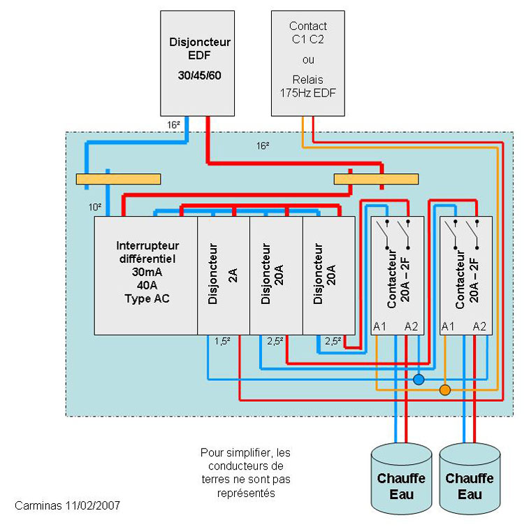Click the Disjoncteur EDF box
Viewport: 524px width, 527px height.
point(197,64)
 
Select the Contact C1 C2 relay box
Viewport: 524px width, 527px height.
point(307,64)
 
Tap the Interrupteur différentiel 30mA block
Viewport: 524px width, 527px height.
point(146,275)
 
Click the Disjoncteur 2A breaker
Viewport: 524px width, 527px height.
point(224,275)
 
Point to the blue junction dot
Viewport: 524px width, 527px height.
point(419,380)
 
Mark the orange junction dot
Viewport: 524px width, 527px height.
point(445,390)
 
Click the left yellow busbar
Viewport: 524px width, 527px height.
point(118,179)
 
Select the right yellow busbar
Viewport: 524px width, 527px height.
point(376,179)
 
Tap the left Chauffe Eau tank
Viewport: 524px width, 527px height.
point(401,479)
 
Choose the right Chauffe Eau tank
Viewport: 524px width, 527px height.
point(470,479)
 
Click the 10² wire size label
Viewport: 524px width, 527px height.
point(95,207)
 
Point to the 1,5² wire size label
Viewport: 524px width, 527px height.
point(222,342)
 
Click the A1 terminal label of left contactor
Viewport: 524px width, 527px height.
point(379,326)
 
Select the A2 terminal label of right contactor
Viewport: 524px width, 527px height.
point(479,326)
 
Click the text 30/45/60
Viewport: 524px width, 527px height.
point(200,75)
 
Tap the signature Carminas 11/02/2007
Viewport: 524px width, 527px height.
point(67,505)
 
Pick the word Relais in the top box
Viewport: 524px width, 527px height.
point(307,80)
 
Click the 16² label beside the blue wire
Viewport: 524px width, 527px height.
point(173,125)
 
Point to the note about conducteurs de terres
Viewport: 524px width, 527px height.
point(245,472)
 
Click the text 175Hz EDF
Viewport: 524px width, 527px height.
point(307,93)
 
